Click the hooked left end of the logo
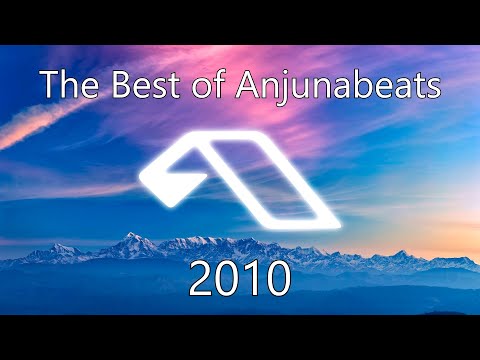point(157,180)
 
